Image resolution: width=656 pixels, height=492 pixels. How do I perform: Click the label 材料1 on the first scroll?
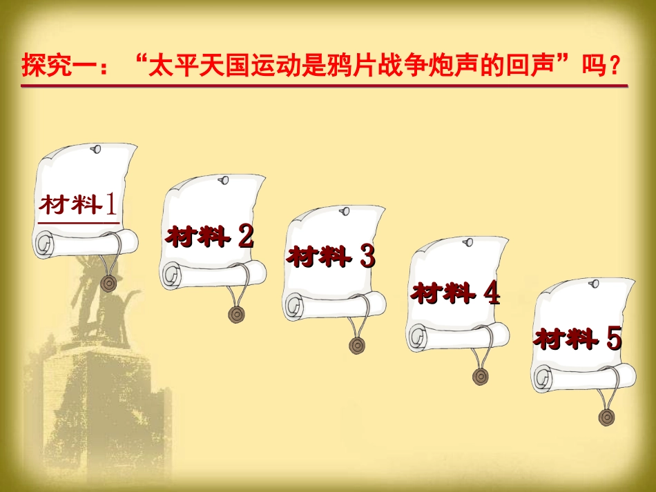[78, 204]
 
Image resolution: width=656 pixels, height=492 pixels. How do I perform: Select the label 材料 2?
[210, 236]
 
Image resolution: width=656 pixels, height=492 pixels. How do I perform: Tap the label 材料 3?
[331, 256]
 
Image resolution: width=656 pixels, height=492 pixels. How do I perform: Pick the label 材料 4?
[455, 292]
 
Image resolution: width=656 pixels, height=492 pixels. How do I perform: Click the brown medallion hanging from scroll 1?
[109, 284]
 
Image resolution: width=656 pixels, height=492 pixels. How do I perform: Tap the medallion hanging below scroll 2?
[236, 315]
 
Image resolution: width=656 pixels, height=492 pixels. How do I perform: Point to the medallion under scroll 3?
[357, 345]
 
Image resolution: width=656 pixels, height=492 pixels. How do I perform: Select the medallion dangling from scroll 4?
[481, 376]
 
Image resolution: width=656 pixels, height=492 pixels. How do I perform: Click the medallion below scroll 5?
[607, 417]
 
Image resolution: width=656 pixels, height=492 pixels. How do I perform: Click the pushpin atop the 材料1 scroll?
[96, 149]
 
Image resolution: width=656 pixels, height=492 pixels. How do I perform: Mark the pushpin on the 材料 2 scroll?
[224, 180]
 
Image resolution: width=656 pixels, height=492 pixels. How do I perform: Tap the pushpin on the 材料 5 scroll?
[594, 284]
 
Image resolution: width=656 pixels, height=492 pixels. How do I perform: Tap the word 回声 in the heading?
[530, 66]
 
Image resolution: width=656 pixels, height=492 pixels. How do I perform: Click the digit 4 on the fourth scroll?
[492, 292]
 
